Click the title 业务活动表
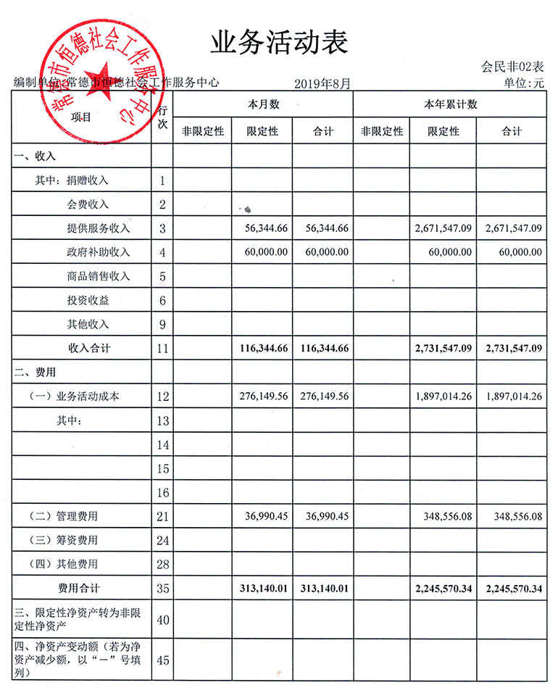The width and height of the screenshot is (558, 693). pos(279,42)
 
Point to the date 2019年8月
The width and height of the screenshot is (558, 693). pos(322,84)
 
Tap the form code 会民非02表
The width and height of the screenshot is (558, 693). pos(512,67)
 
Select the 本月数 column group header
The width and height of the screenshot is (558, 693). pos(262,104)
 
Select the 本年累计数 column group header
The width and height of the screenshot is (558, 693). pos(450,104)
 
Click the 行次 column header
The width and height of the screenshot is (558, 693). pos(162,117)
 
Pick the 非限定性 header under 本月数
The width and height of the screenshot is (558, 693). pos(202,131)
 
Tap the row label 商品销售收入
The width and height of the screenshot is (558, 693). pos(98,276)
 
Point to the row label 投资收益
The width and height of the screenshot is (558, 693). pos(88,300)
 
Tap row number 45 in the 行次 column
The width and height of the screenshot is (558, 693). pos(162,660)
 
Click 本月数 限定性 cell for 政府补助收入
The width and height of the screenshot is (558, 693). pos(263,252)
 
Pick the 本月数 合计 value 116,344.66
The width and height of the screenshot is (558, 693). pos(324,349)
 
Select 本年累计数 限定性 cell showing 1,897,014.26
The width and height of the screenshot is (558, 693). pos(444,397)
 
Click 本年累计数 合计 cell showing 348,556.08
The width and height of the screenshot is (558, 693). pos(512,516)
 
